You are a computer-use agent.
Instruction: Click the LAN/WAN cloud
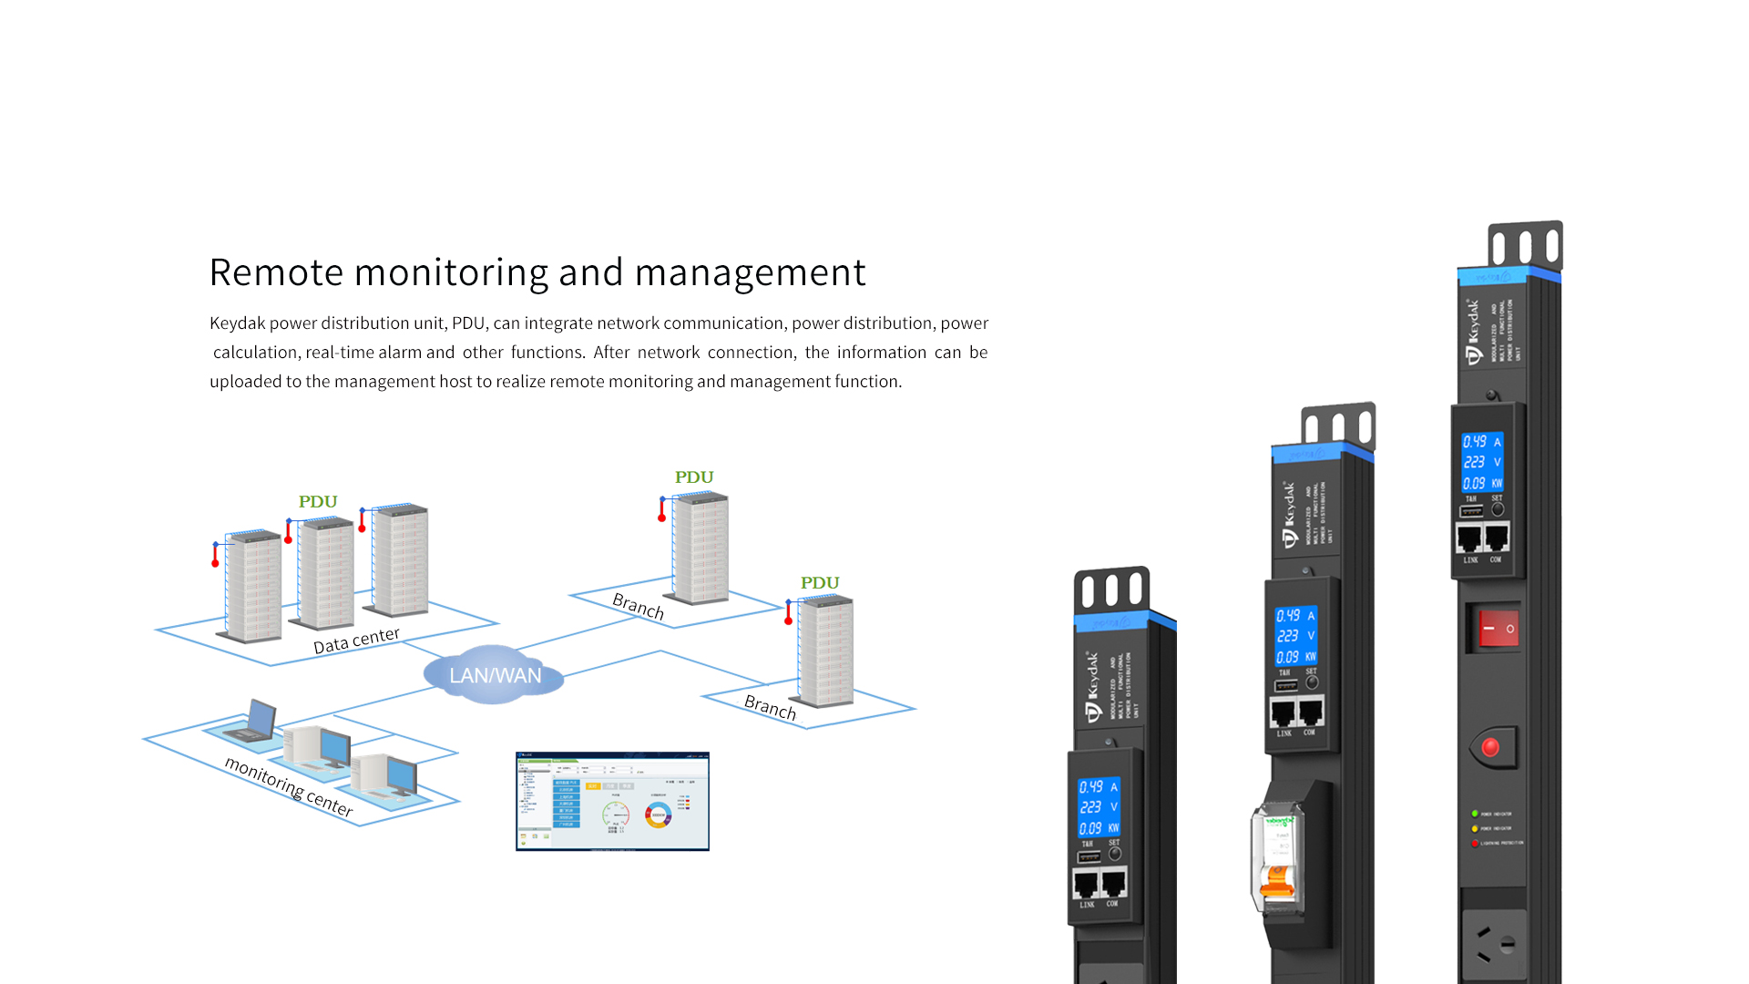tap(494, 675)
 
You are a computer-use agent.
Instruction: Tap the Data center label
tap(356, 640)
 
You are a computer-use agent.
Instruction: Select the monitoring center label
tap(288, 785)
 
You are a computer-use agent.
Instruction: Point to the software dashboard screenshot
tap(612, 801)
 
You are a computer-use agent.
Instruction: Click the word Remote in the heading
tap(276, 272)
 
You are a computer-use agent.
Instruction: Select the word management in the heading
tap(750, 272)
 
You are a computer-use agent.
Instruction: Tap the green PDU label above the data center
tap(318, 502)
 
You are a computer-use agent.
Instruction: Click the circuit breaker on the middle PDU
tap(1278, 856)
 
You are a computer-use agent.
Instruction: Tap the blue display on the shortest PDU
tap(1099, 807)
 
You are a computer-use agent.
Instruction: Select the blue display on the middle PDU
tap(1295, 636)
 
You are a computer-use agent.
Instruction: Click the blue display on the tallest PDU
tap(1482, 462)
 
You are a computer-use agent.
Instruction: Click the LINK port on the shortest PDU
tap(1087, 884)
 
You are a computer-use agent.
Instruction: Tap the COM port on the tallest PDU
tap(1496, 538)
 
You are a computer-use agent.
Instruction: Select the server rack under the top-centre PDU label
tap(700, 548)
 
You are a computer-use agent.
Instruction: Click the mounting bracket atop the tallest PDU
tap(1525, 245)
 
